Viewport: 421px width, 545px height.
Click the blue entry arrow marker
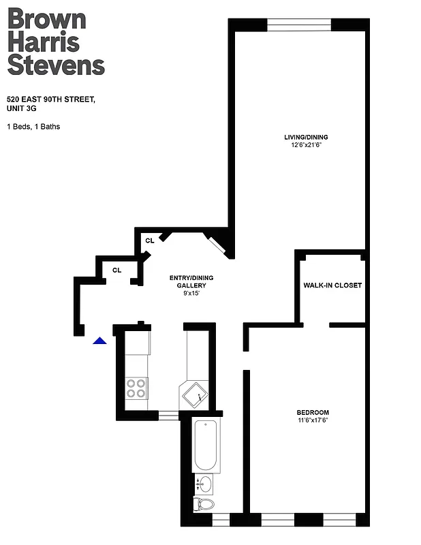pos(100,341)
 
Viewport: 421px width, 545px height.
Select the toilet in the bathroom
pos(204,504)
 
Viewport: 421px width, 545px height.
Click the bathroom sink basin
pos(205,484)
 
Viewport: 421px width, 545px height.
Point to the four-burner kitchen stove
pos(136,388)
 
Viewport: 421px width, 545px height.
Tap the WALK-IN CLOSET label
pos(332,285)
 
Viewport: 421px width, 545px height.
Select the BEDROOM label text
pos(313,413)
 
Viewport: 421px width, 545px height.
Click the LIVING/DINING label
pos(311,137)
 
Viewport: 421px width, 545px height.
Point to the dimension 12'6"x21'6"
pos(311,145)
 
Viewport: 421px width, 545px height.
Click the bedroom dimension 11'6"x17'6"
pos(313,421)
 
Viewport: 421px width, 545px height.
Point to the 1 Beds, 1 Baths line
pos(33,126)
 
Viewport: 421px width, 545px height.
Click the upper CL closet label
pos(150,240)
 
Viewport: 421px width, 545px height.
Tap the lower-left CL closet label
pos(116,270)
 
